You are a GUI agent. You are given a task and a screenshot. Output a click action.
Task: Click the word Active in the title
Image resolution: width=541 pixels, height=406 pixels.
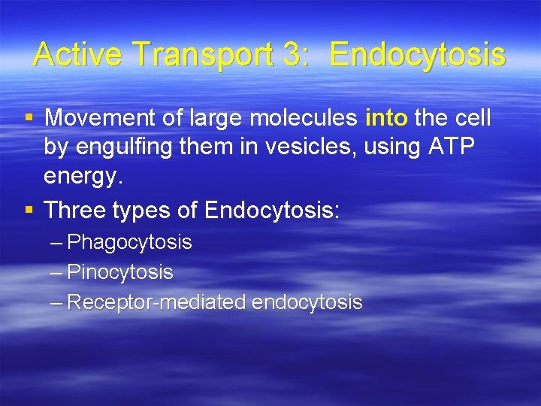(x=72, y=55)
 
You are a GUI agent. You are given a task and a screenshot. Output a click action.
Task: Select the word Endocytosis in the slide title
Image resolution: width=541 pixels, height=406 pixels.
(x=418, y=55)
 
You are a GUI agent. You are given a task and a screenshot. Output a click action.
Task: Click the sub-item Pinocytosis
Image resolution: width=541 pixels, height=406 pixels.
(x=120, y=272)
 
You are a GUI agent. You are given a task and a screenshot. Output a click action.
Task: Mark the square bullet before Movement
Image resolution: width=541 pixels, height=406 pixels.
(x=29, y=117)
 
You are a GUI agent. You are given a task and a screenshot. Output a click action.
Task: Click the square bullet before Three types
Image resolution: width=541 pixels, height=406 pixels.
(x=29, y=210)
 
